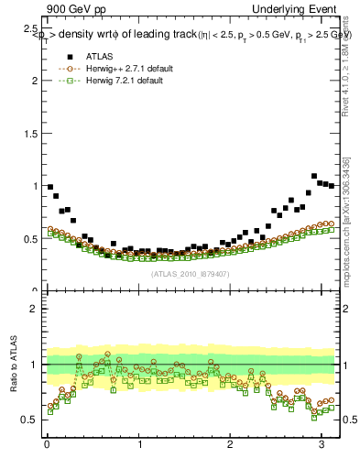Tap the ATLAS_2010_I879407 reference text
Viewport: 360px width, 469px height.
[x=190, y=274]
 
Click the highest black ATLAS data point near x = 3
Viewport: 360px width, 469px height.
[x=314, y=176]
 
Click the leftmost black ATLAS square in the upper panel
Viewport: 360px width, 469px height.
[x=50, y=187]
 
